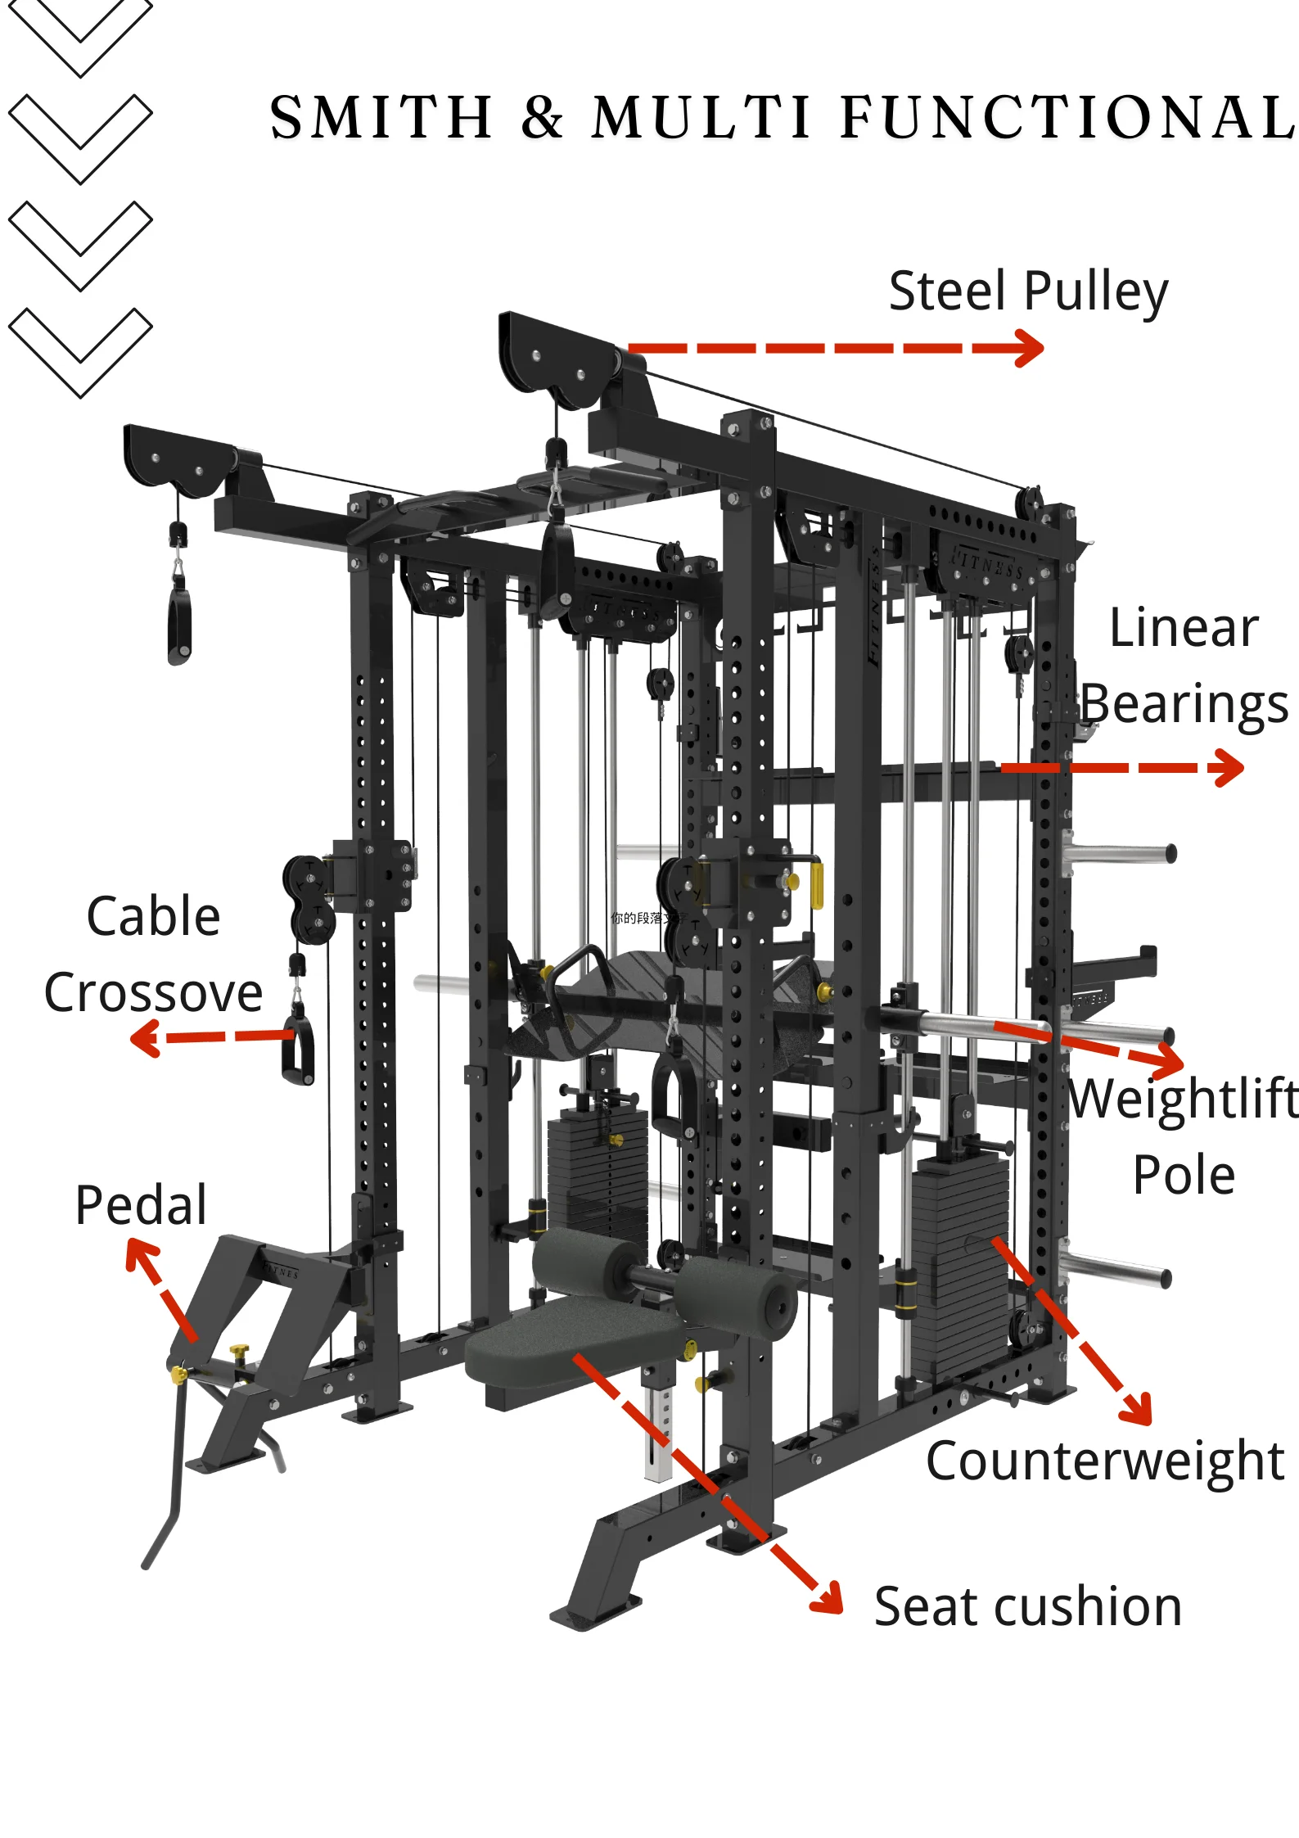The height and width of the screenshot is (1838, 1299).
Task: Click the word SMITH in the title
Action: (381, 117)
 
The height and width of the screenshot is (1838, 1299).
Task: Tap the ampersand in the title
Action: (542, 117)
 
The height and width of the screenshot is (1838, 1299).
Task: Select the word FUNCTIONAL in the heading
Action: (1068, 117)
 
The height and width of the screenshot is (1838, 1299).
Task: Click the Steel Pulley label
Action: (1028, 291)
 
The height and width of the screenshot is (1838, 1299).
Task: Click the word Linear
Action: (1184, 629)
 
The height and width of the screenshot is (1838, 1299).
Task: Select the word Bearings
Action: (1184, 704)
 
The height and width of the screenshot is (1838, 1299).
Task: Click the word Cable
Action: (153, 916)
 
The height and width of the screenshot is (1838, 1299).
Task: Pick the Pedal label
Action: (141, 1205)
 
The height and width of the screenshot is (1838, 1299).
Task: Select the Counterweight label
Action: (1105, 1461)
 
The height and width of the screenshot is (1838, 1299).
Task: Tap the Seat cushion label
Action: (1027, 1606)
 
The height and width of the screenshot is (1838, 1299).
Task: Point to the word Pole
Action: (1184, 1176)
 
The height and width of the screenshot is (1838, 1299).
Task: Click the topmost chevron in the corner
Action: (80, 33)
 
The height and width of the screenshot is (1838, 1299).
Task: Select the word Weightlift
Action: (1184, 1099)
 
